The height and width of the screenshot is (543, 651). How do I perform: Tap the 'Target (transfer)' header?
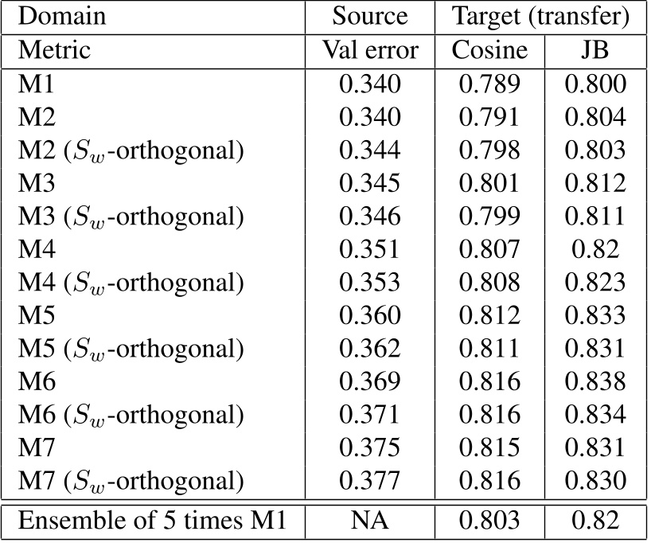(541, 17)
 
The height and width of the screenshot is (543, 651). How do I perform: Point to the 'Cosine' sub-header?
(489, 51)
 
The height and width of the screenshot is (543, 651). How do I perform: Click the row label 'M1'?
(34, 84)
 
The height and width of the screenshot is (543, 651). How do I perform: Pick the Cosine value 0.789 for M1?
(489, 84)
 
